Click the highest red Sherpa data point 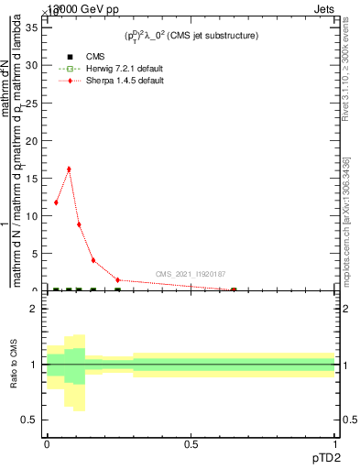point(68,169)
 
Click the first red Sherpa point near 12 point(56,202)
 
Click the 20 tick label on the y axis point(35,140)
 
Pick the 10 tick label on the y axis point(35,216)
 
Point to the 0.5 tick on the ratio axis point(31,420)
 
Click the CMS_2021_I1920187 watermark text point(190,274)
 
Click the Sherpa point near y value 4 point(93,260)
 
